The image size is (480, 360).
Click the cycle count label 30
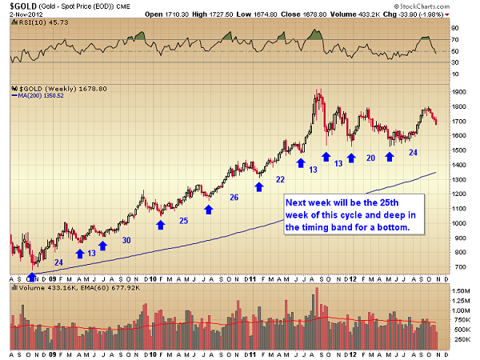(126, 240)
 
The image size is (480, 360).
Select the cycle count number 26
(234, 198)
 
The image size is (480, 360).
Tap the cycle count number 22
(280, 179)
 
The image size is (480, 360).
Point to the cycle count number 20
(370, 158)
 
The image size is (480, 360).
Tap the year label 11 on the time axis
(250, 277)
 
